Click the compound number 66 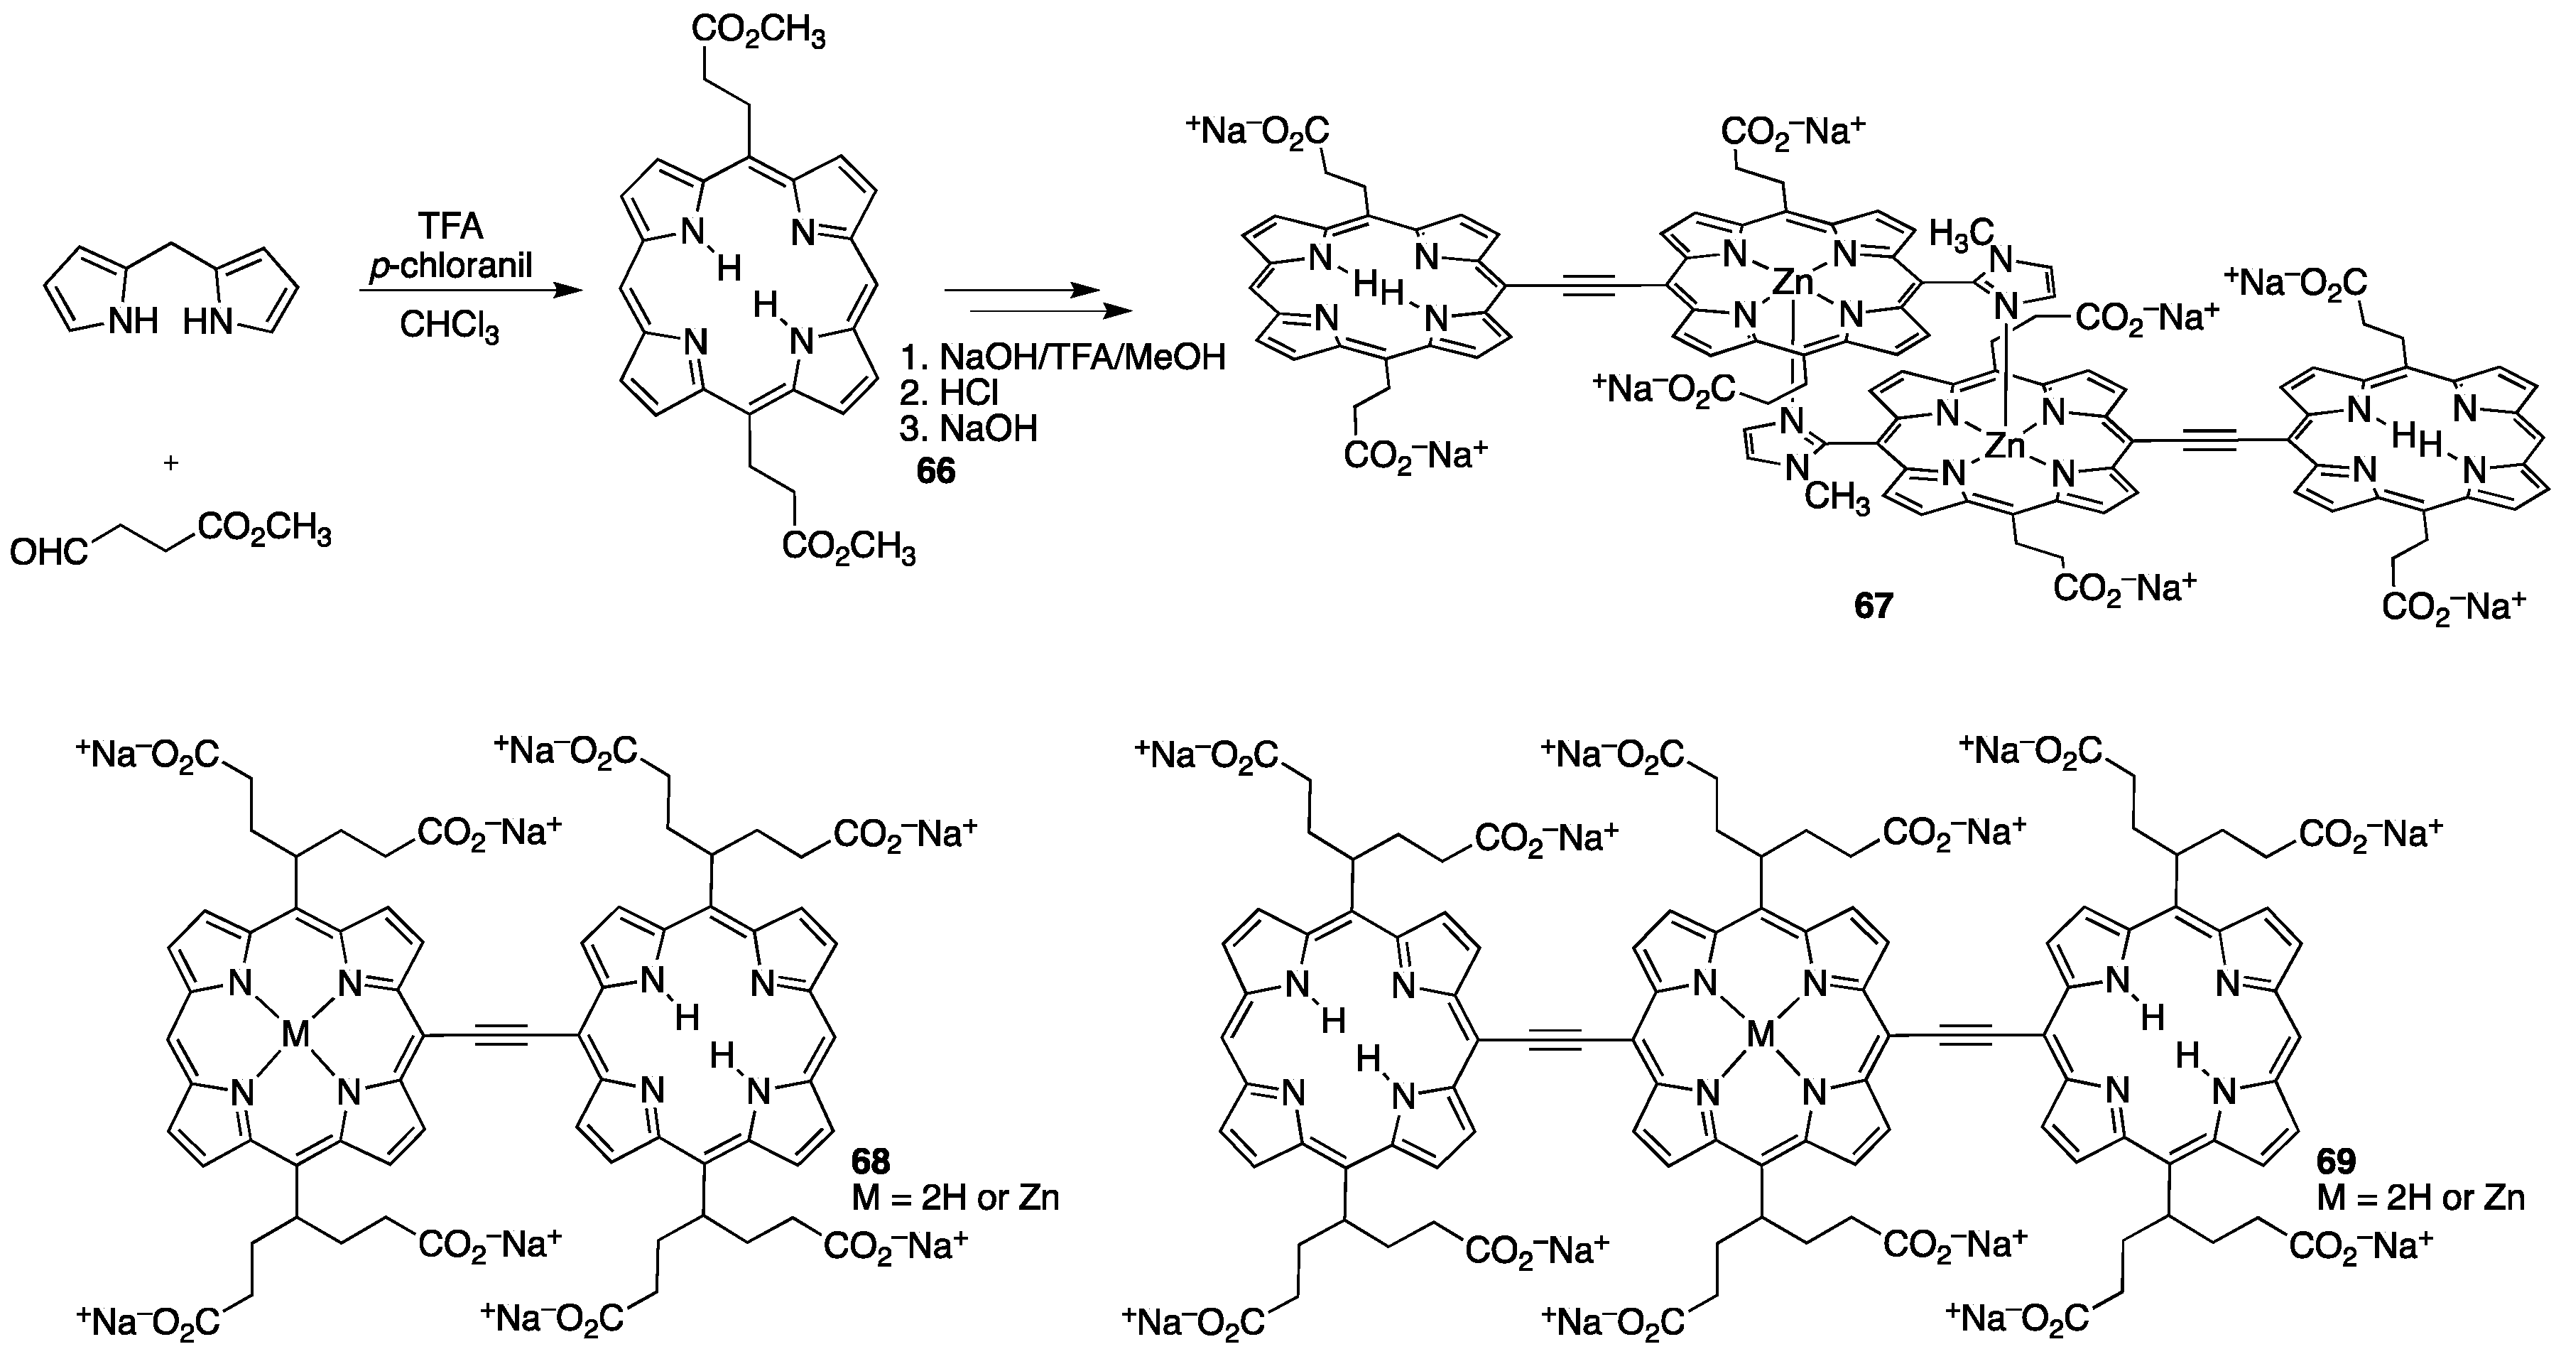[935, 470]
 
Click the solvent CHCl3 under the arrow [450, 326]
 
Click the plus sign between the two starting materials [171, 463]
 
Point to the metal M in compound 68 [295, 1036]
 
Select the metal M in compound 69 [1760, 1036]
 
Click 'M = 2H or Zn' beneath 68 [955, 1198]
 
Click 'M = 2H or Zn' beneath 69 [2421, 1198]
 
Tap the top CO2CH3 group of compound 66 [758, 34]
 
